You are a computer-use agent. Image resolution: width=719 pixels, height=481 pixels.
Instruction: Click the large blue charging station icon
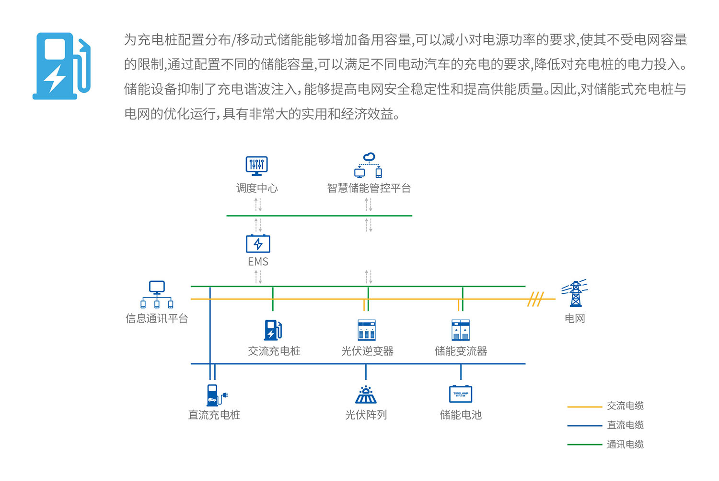[61, 66]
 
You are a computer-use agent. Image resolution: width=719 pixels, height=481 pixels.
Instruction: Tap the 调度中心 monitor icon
[256, 166]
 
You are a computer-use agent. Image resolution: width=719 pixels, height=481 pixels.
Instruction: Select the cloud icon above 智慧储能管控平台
[369, 157]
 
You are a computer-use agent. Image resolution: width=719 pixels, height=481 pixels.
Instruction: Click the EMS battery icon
[258, 244]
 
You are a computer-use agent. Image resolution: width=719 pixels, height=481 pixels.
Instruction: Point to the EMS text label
[258, 262]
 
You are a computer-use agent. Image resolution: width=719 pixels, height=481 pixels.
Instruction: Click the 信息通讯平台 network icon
[157, 294]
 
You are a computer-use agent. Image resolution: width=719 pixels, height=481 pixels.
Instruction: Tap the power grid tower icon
[575, 293]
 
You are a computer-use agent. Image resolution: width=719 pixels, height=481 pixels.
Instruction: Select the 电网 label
[575, 318]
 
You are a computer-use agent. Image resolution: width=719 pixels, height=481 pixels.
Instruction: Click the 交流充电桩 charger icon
[273, 330]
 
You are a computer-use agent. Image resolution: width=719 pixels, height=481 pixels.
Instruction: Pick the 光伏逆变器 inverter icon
[367, 330]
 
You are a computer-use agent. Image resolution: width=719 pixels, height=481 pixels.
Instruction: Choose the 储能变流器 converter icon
[461, 330]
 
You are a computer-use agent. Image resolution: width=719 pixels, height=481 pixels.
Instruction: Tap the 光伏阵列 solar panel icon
[366, 395]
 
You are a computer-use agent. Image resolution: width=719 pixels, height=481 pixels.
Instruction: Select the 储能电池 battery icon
[461, 394]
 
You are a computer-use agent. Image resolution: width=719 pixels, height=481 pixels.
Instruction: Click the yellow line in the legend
[584, 407]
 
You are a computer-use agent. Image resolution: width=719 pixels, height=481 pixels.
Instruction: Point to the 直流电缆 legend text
[625, 425]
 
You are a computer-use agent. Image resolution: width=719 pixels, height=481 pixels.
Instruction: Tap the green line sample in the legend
[584, 445]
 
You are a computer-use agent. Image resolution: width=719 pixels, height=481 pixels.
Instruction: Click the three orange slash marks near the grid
[535, 299]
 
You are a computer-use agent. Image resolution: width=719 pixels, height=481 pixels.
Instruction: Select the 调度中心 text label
[257, 188]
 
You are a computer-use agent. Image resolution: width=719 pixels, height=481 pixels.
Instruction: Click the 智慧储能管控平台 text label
[369, 188]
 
